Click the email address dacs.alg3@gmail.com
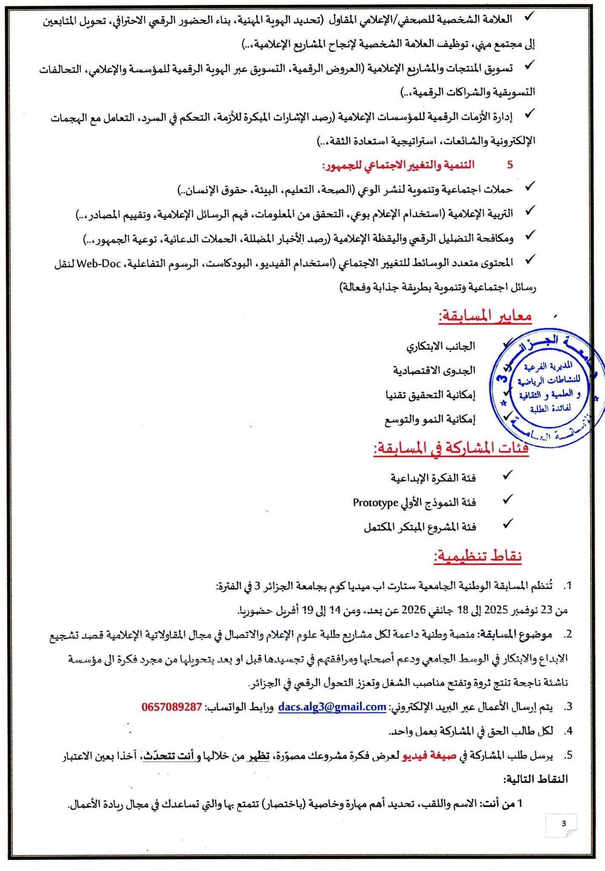pyautogui.click(x=332, y=706)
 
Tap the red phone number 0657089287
pyautogui.click(x=172, y=707)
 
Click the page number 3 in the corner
pyautogui.click(x=564, y=823)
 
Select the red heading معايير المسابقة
pyautogui.click(x=485, y=316)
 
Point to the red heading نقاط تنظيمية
pyautogui.click(x=478, y=555)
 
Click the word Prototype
pyautogui.click(x=375, y=503)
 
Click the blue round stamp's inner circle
pyautogui.click(x=548, y=387)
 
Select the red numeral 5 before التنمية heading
pyautogui.click(x=510, y=165)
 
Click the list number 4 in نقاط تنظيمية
pyautogui.click(x=568, y=731)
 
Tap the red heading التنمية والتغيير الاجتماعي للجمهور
pyautogui.click(x=398, y=165)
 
